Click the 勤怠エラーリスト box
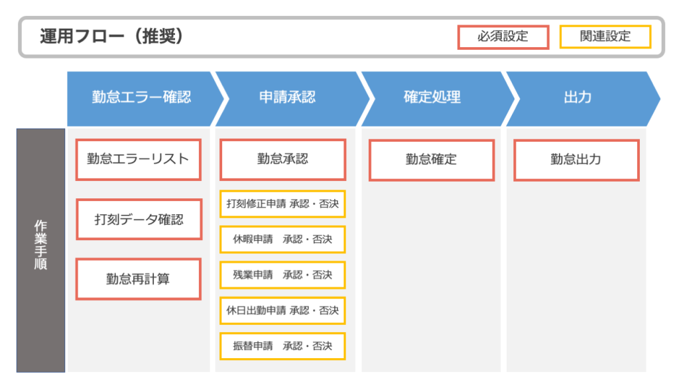tap(138, 159)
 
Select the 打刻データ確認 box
tap(138, 220)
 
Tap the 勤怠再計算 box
tap(138, 279)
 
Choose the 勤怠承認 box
tap(282, 159)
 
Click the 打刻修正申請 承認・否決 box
tap(282, 204)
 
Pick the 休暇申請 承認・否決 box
tap(282, 239)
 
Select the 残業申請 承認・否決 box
tap(282, 275)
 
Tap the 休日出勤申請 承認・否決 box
tap(282, 310)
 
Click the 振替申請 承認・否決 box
tap(282, 346)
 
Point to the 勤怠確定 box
tap(432, 160)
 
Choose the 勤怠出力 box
tap(576, 160)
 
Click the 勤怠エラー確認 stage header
tap(141, 98)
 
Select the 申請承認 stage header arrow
tap(287, 98)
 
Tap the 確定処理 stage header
tap(432, 98)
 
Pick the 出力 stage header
tap(578, 98)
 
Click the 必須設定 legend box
tap(503, 36)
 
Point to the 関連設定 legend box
tap(605, 36)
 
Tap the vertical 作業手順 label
tap(40, 245)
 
